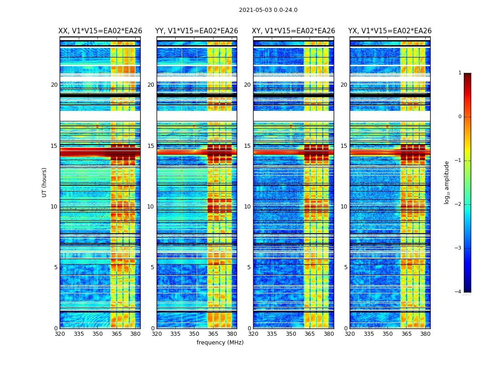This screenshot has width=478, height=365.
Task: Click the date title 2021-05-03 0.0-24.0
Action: [x=268, y=10]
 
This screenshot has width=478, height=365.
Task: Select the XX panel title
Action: [x=100, y=31]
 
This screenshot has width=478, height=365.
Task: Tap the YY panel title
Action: [x=197, y=31]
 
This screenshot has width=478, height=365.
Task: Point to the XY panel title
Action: [x=293, y=31]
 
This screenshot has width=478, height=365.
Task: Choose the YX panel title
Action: [x=390, y=31]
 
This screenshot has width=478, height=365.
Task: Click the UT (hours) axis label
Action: [x=45, y=182]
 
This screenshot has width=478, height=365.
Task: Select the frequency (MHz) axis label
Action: [x=220, y=343]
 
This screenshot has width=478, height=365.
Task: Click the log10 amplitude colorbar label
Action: [x=447, y=182]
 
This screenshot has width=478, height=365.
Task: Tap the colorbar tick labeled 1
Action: [x=460, y=73]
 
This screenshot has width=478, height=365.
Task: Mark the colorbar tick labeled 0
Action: [x=460, y=117]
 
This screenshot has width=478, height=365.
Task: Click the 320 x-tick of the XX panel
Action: [x=60, y=334]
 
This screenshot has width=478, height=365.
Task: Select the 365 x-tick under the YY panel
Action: [x=214, y=334]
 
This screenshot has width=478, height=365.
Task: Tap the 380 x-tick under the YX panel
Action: [x=425, y=334]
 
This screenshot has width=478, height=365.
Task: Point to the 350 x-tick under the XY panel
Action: [x=291, y=334]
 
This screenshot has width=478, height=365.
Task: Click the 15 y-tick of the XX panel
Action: [x=54, y=146]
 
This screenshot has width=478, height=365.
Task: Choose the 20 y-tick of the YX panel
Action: [x=344, y=85]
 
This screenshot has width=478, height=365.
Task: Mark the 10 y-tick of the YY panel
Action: [x=151, y=207]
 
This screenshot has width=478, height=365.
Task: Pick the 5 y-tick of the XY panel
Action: [x=249, y=267]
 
